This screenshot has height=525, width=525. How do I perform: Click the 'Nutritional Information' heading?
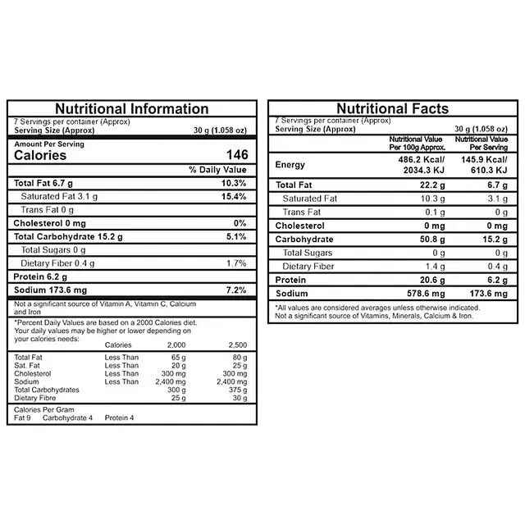[131, 109]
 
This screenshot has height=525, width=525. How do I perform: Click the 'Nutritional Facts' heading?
[392, 109]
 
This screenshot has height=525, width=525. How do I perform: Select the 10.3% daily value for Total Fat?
[234, 183]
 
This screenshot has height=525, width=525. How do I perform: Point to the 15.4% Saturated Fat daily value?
[234, 197]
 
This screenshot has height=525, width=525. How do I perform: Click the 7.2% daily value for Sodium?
[235, 290]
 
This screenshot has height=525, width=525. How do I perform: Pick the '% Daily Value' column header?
[217, 169]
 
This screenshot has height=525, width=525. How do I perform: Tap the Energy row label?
[290, 165]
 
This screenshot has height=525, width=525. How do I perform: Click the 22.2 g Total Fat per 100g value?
[430, 185]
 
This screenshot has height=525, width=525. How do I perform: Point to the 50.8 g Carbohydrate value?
[430, 240]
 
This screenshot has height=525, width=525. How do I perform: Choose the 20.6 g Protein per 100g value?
[430, 280]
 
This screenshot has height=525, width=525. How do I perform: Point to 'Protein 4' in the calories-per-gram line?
[120, 418]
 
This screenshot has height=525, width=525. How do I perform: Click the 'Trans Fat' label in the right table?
[301, 212]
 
